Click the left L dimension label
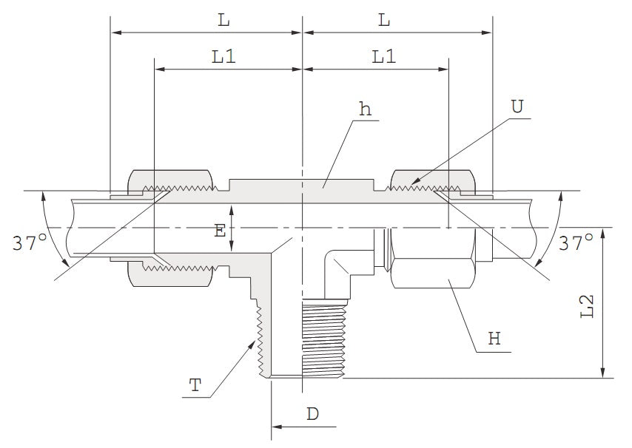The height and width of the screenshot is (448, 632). (x=223, y=21)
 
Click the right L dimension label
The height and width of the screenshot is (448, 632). (x=383, y=21)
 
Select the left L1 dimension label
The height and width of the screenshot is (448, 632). (x=223, y=57)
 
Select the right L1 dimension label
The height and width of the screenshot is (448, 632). (x=383, y=57)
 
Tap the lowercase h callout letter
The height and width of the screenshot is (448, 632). (x=365, y=109)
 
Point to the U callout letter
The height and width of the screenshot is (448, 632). (x=517, y=106)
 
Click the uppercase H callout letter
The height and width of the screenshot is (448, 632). (x=494, y=339)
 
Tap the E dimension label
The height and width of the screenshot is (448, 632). (x=220, y=231)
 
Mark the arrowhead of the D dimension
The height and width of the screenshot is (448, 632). (x=277, y=427)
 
